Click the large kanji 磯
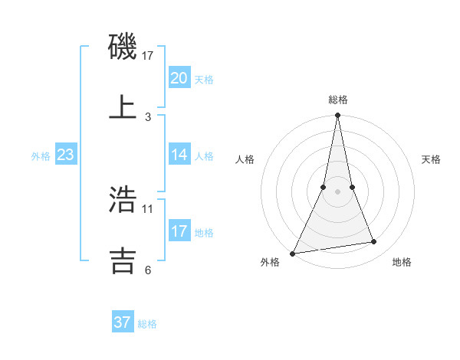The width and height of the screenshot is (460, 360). (x=123, y=48)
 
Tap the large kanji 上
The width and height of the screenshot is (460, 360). (x=123, y=106)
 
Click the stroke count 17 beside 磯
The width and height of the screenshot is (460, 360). (x=148, y=56)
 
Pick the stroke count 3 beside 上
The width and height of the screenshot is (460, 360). (x=148, y=117)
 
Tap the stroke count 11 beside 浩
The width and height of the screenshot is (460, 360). (x=148, y=208)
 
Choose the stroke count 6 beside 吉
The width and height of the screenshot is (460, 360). (x=148, y=270)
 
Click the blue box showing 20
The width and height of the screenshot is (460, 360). (x=179, y=77)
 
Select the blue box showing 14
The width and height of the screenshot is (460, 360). (x=179, y=154)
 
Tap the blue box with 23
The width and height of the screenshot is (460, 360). (x=66, y=155)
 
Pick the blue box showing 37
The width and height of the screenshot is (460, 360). (x=123, y=322)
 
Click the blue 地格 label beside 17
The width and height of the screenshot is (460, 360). (x=204, y=232)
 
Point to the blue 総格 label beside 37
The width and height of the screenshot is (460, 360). (x=147, y=324)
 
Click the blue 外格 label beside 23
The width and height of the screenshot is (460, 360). (x=41, y=156)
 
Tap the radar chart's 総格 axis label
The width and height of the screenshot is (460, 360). (x=338, y=100)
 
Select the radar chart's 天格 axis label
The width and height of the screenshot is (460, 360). (x=431, y=159)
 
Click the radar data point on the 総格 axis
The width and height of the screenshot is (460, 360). (x=337, y=116)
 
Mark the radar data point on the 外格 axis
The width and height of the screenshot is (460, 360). (x=293, y=253)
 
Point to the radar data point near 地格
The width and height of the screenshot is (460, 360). (x=374, y=242)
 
